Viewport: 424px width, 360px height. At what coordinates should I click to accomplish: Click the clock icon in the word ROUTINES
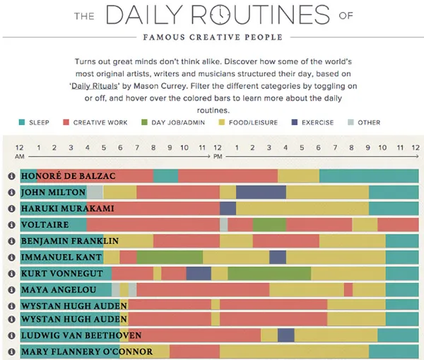pos(220,15)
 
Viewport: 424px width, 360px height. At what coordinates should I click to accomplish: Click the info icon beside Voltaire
pos(11,224)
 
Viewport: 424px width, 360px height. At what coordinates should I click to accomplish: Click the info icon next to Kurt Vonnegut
pos(11,272)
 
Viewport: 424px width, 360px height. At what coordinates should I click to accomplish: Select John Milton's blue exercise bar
pos(261,192)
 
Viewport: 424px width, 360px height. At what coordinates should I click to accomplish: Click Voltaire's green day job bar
pos(269,224)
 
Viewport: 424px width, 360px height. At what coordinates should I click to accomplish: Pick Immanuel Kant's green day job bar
pos(170,256)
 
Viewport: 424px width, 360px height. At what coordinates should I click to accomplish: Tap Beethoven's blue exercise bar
pos(285,335)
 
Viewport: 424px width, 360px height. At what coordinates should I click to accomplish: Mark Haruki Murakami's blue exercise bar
pos(228,208)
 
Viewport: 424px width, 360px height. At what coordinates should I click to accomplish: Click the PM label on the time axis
pos(218,155)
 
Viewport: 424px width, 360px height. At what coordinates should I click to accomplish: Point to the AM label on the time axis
pos(20,155)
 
